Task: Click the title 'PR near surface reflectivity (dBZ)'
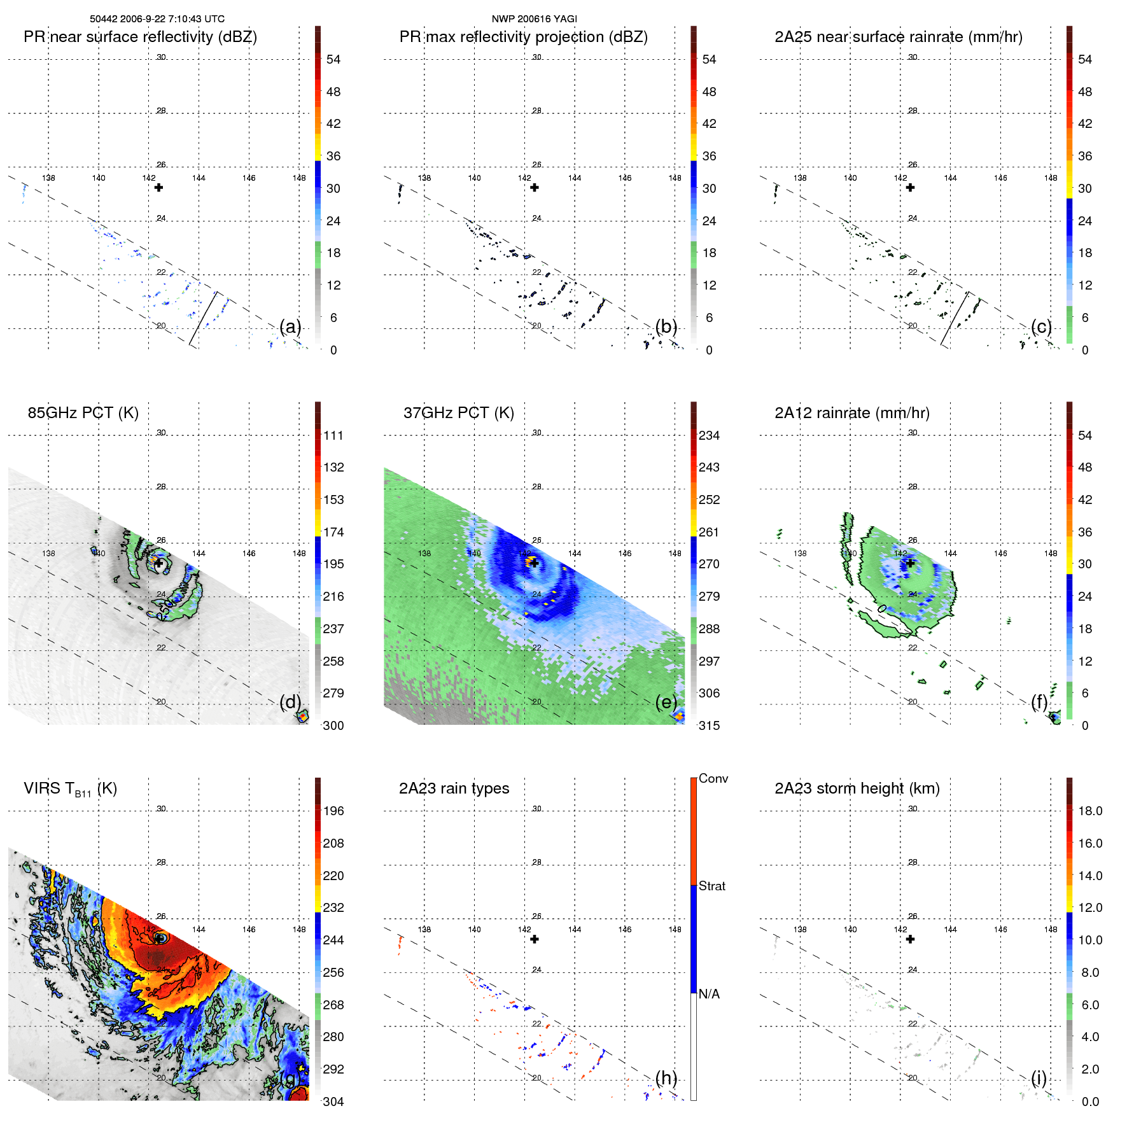pos(140,37)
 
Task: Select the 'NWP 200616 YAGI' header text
pos(534,19)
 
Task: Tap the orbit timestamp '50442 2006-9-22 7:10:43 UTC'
pos(157,19)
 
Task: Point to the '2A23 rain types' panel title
pos(454,788)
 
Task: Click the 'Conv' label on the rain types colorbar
pos(713,778)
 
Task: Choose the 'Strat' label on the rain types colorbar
pos(711,886)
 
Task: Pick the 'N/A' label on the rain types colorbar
pos(709,994)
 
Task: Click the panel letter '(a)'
pos(290,326)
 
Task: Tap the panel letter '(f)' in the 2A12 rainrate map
pos(1039,702)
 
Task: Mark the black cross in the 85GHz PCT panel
pos(158,563)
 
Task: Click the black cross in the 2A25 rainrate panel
pos(910,187)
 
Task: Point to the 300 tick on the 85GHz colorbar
pos(333,725)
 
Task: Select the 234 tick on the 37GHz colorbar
pos(708,435)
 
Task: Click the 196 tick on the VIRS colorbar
pos(333,811)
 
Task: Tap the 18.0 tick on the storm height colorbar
pos(1089,811)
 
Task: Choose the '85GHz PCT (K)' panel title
pos(83,413)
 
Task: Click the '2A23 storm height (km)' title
pos(857,788)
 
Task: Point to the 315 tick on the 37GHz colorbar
pos(708,725)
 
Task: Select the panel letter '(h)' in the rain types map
pos(666,1077)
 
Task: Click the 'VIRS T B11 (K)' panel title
pos(70,789)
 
